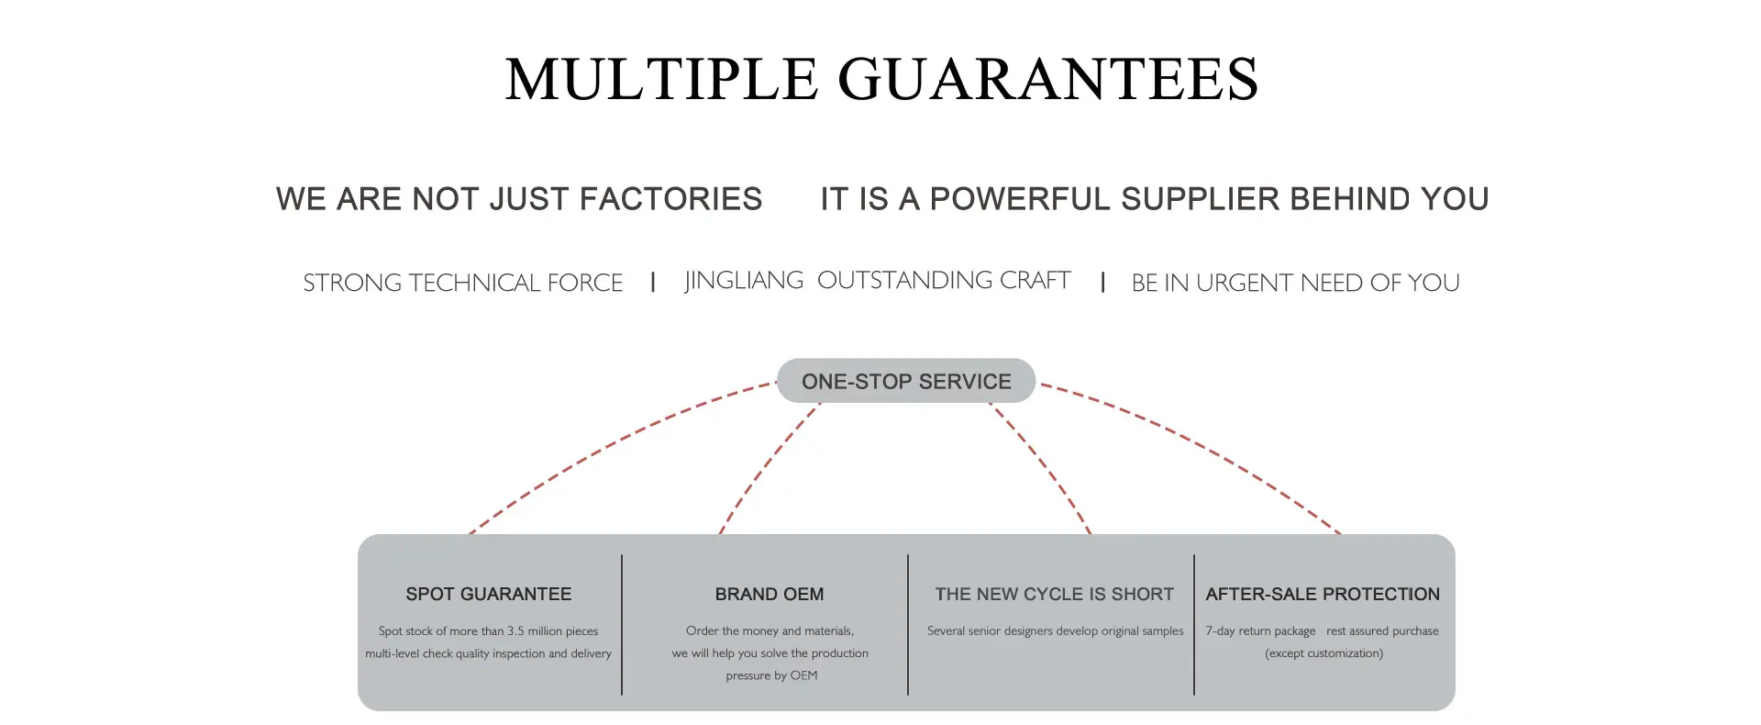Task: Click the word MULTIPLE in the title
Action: click(x=661, y=79)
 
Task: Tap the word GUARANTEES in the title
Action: click(x=1048, y=79)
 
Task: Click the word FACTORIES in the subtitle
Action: click(x=670, y=199)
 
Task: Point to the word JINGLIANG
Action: click(x=744, y=280)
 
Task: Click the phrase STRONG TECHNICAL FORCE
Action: click(x=463, y=283)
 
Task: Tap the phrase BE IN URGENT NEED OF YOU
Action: click(x=1295, y=283)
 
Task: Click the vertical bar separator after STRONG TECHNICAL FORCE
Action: click(x=653, y=283)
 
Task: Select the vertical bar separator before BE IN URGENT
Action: click(x=1102, y=283)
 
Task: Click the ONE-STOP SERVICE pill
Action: click(x=906, y=381)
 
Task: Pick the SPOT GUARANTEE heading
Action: click(x=489, y=595)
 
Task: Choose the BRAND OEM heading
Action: click(x=770, y=595)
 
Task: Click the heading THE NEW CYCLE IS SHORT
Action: click(x=1055, y=595)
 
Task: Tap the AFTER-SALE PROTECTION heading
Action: click(x=1323, y=595)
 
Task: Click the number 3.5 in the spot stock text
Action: click(x=516, y=631)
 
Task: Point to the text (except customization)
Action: click(x=1324, y=653)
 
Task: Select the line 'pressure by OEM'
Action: click(x=771, y=675)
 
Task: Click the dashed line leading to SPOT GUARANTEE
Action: click(x=605, y=446)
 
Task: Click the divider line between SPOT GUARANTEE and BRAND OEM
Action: click(x=622, y=625)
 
